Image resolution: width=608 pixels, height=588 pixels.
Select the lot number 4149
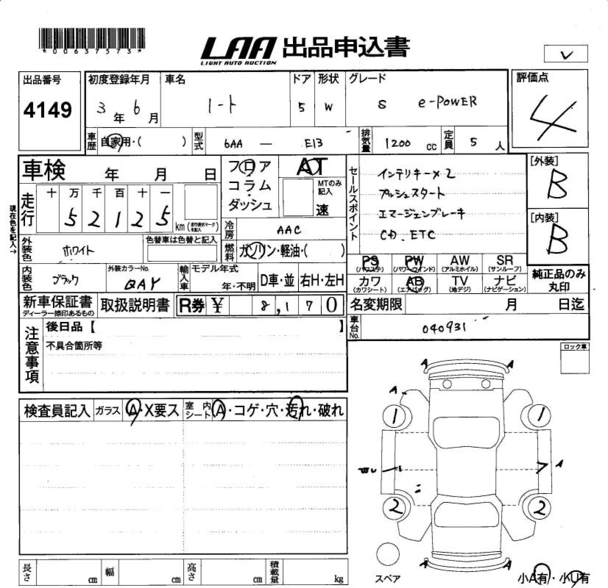48,110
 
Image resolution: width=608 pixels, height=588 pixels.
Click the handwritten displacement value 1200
397,143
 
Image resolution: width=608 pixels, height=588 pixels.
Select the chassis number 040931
444,328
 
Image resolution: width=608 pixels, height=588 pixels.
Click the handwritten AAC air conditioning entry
289,230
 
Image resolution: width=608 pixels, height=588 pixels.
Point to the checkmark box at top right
566,54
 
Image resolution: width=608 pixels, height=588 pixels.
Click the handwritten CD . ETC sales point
408,235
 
